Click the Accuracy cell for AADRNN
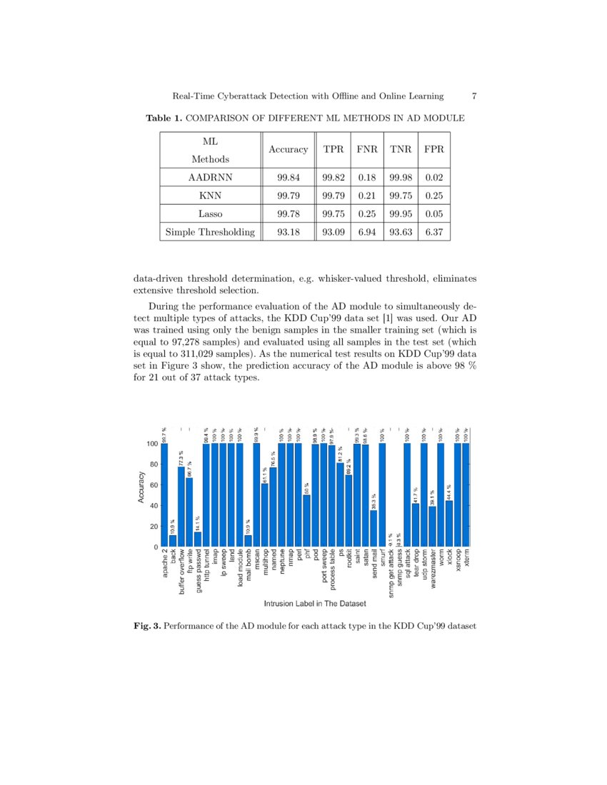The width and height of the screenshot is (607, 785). [288, 177]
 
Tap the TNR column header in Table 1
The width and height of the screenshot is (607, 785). [401, 150]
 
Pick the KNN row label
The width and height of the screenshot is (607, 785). [210, 196]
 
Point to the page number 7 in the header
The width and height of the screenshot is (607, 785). [474, 96]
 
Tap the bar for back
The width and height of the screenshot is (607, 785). [173, 541]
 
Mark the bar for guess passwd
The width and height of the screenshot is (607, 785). [198, 540]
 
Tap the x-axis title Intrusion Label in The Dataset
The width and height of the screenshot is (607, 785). [315, 604]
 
